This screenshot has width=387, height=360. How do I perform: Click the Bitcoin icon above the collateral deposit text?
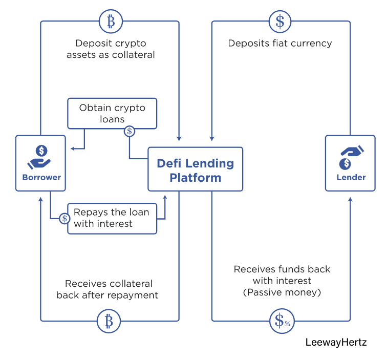coord(110,21)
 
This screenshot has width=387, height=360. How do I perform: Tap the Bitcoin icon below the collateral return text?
coord(109,321)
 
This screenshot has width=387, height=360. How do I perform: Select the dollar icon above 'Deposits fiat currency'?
coord(280,21)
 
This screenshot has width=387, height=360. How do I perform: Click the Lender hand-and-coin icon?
coord(351,157)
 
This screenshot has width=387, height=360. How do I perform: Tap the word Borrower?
coord(41,178)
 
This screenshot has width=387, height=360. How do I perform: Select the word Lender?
coord(351,177)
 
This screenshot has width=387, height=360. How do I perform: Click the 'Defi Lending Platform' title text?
coord(195,171)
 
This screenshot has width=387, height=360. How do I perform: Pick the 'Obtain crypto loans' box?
coord(112,113)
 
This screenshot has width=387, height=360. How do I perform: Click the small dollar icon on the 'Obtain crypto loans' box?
coord(130,132)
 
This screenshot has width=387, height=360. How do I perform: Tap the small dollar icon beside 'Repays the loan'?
coord(64,218)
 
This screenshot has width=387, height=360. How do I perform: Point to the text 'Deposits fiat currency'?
coord(280,43)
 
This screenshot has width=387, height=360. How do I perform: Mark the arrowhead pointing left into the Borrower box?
coord(73,149)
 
